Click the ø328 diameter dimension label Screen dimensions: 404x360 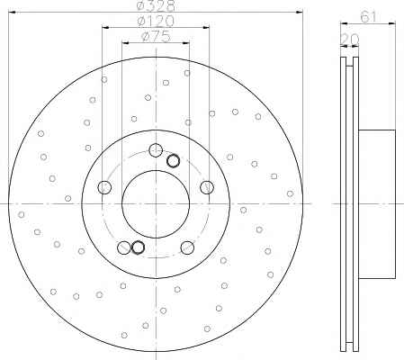[x=156, y=5]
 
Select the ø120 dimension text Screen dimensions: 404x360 [x=156, y=21]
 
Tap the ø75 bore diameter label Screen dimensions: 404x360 [x=156, y=37]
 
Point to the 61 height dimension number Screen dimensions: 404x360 [x=368, y=16]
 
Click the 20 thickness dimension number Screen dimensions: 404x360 [x=350, y=39]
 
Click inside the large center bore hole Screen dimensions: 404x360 [x=156, y=204]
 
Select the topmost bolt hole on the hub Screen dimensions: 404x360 [x=156, y=150]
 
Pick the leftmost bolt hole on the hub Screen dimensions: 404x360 [x=104, y=187]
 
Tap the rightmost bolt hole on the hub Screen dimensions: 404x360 [x=207, y=187]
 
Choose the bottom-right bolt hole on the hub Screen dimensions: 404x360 [x=187, y=247]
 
